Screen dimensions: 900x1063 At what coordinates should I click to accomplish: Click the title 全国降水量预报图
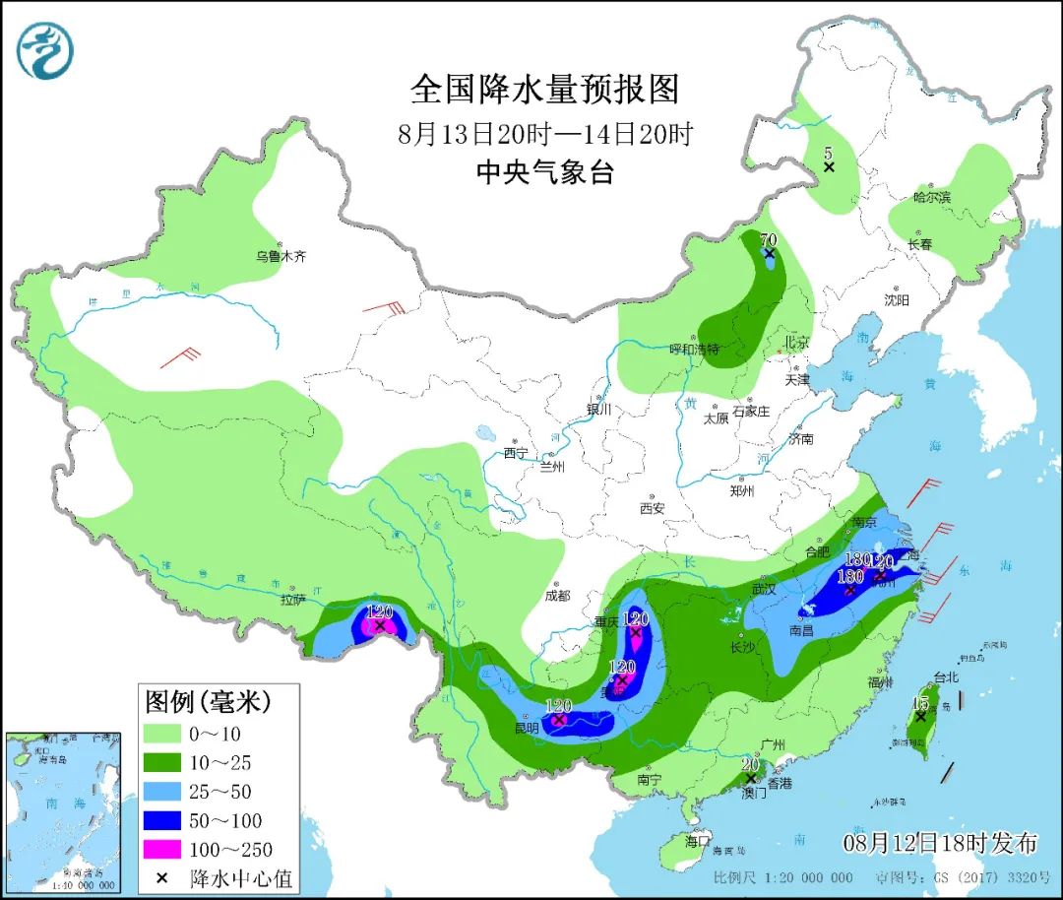point(544,90)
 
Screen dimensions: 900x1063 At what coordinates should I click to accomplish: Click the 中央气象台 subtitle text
point(544,173)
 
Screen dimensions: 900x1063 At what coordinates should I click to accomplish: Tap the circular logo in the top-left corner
point(46,50)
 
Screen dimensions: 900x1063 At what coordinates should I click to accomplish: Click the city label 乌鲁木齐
point(281,256)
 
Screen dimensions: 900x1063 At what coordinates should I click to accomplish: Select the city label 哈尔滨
point(932,197)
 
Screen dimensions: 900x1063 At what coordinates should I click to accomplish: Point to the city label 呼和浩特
point(695,350)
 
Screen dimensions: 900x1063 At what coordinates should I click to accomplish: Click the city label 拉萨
point(293,599)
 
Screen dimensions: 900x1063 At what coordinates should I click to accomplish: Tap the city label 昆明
point(527,729)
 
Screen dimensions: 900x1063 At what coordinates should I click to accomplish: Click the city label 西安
point(653,508)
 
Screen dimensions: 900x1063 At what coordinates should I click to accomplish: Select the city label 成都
point(557,596)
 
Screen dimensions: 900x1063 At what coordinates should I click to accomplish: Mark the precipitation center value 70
point(769,239)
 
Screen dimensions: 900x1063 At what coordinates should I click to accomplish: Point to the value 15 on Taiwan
point(920,703)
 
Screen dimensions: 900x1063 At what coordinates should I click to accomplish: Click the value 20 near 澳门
point(750,765)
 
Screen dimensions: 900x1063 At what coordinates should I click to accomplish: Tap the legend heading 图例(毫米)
point(208,702)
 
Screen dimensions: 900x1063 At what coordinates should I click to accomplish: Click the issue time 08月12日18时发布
point(941,843)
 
